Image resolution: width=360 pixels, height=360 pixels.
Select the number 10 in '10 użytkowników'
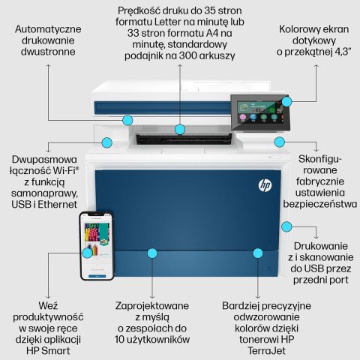point(123,339)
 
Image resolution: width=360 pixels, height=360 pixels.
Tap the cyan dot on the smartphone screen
point(88,253)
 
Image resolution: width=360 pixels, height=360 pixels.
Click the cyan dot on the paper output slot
point(181,130)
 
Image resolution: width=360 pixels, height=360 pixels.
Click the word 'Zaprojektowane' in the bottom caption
point(152,306)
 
